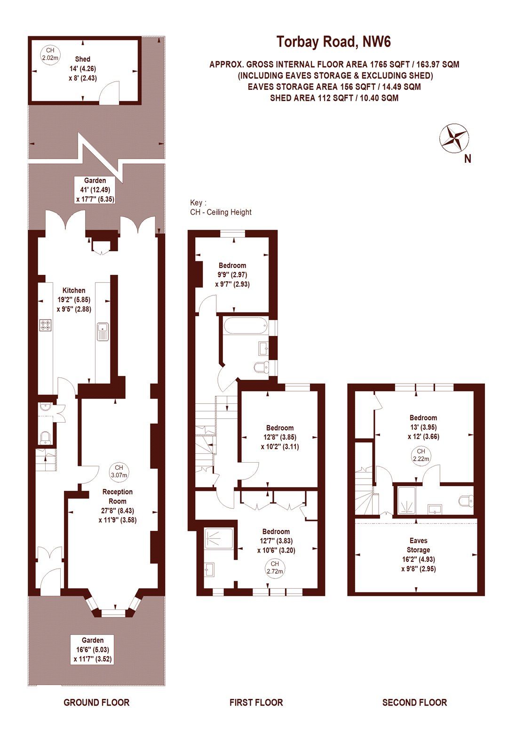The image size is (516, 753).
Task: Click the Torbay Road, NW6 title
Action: (333, 42)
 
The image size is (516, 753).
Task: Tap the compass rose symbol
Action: (454, 138)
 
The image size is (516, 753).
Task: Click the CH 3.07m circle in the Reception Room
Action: (119, 471)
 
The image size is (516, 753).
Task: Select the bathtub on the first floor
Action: (244, 325)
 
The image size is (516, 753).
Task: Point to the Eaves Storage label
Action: (418, 545)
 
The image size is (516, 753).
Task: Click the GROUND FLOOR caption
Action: (96, 703)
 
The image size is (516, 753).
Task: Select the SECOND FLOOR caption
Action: (414, 703)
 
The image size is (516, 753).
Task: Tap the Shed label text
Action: (83, 59)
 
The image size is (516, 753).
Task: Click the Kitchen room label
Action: (74, 290)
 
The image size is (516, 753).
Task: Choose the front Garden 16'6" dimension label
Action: (93, 649)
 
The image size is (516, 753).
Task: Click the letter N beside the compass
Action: (468, 159)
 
